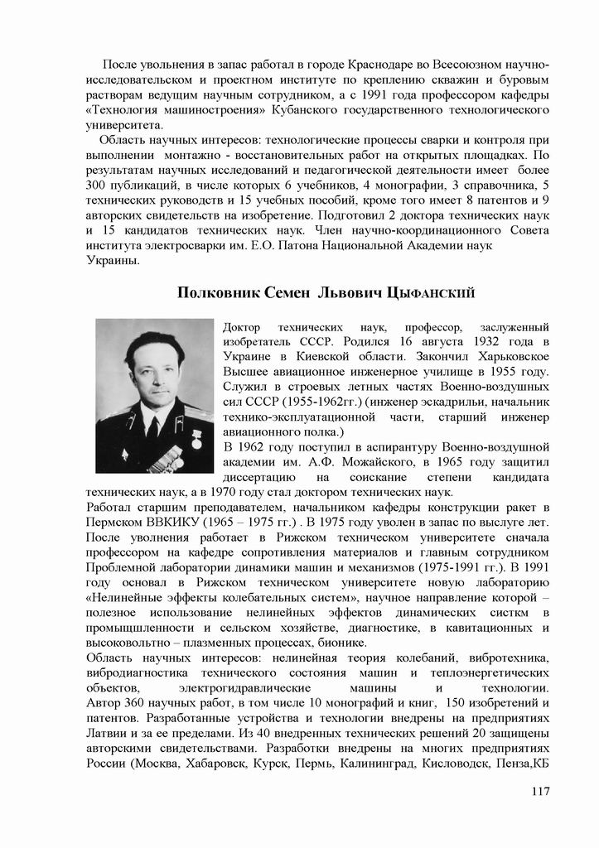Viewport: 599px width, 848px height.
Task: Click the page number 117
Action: [x=541, y=792]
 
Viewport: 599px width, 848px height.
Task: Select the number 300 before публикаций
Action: [x=97, y=185]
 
